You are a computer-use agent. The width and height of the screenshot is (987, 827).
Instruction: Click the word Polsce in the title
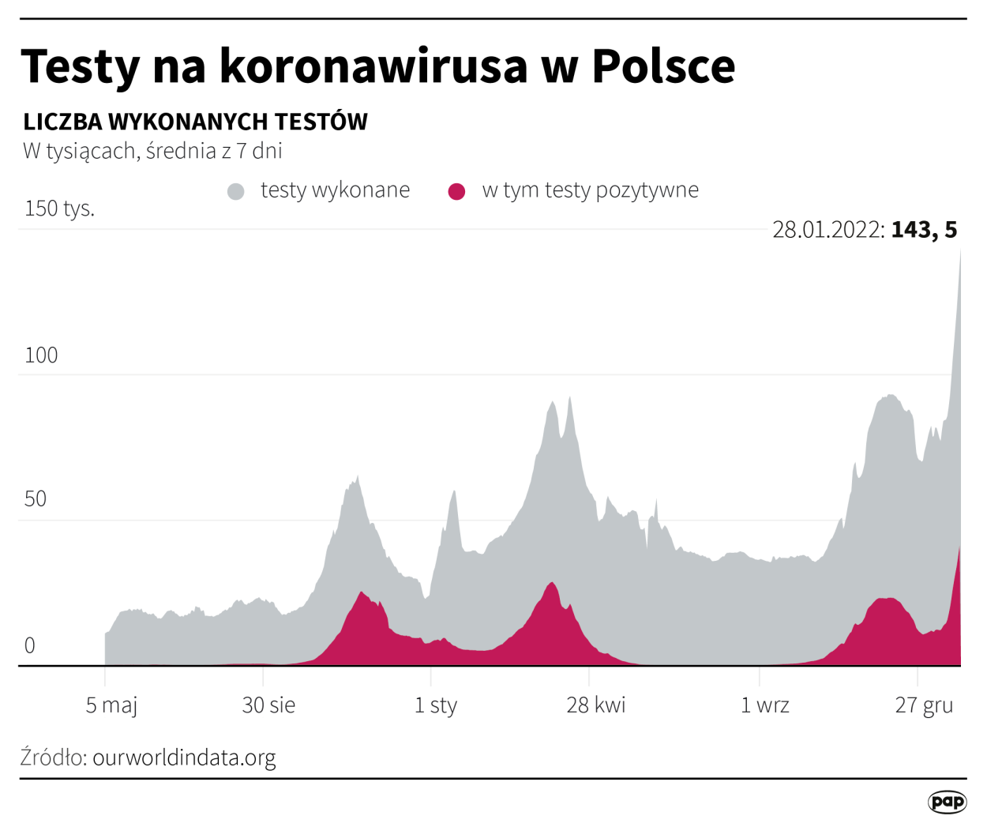[663, 66]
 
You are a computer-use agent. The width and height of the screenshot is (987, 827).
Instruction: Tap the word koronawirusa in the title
[373, 66]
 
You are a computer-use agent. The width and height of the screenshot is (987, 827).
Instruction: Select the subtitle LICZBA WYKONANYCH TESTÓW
[195, 122]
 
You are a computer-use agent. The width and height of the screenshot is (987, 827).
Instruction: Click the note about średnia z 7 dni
[152, 151]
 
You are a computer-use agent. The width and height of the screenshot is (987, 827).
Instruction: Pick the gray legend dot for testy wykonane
[235, 191]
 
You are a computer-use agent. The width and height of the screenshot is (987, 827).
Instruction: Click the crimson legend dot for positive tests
[456, 191]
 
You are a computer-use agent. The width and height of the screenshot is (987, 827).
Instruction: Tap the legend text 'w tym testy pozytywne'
[590, 190]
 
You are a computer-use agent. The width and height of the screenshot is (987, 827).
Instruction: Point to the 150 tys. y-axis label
[59, 209]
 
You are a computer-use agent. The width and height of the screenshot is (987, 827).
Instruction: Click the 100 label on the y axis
[41, 355]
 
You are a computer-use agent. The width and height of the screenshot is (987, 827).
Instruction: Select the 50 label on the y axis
[36, 499]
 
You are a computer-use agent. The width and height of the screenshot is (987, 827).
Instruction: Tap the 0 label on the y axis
[30, 646]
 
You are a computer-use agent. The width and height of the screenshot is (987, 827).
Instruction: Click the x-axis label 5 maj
[111, 705]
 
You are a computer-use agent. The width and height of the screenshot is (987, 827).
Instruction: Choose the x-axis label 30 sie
[268, 705]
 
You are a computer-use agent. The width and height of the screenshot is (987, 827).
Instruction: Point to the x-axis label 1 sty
[436, 705]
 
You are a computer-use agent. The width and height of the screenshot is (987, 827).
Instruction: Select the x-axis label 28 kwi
[595, 705]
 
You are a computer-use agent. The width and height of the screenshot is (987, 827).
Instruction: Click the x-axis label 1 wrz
[764, 705]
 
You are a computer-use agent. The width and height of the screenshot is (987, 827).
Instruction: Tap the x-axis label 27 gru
[924, 705]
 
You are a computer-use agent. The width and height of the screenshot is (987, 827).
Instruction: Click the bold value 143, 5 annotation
[924, 230]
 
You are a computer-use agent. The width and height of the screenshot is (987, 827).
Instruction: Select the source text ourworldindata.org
[184, 757]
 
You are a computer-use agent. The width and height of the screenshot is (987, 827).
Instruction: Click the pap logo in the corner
[947, 802]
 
